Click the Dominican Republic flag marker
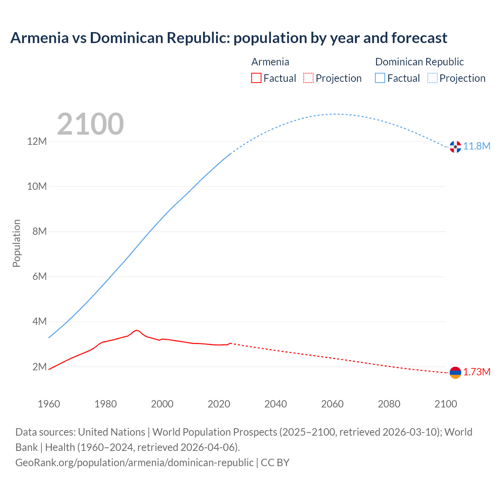click(x=455, y=147)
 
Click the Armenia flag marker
click(x=455, y=373)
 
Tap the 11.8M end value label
click(x=477, y=146)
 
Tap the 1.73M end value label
click(x=477, y=372)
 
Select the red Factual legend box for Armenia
click(x=256, y=78)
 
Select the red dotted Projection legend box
click(x=308, y=78)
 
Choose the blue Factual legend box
click(x=380, y=78)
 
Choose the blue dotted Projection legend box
click(x=432, y=78)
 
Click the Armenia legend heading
click(x=270, y=62)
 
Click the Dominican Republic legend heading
click(x=419, y=62)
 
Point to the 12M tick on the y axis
click(x=37, y=141)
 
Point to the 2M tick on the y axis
click(x=40, y=367)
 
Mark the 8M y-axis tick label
click(x=40, y=231)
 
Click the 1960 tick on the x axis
click(x=49, y=404)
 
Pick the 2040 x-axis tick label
click(x=276, y=404)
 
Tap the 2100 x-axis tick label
click(x=445, y=404)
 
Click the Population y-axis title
click(x=16, y=243)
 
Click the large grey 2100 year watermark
click(x=90, y=124)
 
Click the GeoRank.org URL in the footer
click(x=134, y=462)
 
